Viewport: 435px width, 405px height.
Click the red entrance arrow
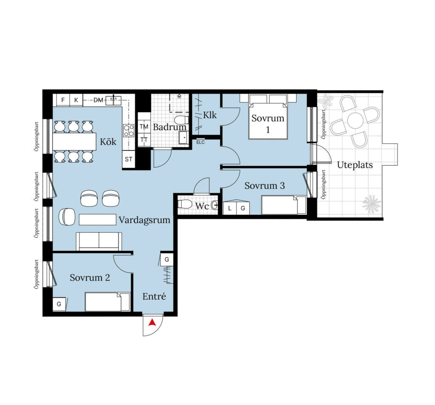click(152, 323)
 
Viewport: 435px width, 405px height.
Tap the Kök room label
click(108, 142)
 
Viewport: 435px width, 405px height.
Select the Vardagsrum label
click(144, 220)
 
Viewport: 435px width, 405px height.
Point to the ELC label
click(201, 142)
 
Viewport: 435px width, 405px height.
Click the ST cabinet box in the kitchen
click(128, 159)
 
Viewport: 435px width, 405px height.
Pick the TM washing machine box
click(144, 127)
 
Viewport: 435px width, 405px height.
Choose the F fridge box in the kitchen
click(63, 100)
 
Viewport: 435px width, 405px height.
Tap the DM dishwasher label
click(98, 100)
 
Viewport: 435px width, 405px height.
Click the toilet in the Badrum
click(181, 120)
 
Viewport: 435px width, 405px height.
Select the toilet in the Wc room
click(185, 204)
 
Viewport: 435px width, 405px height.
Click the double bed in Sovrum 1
click(268, 116)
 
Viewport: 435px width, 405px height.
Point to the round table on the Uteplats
click(355, 120)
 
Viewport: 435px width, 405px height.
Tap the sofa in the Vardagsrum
click(99, 241)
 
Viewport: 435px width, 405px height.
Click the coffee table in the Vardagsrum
click(97, 219)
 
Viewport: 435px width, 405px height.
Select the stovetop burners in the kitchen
click(129, 130)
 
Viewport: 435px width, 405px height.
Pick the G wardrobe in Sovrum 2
click(59, 304)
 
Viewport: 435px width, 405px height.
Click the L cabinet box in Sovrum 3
click(230, 208)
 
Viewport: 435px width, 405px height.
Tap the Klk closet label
click(210, 115)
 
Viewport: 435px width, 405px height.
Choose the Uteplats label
click(355, 165)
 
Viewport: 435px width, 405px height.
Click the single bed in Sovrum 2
click(107, 302)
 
